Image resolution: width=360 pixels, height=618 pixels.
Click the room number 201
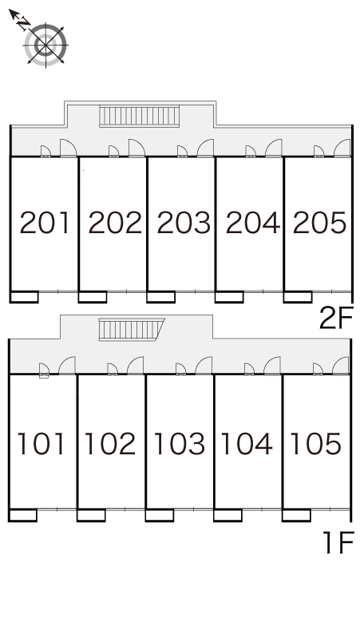[x=45, y=223]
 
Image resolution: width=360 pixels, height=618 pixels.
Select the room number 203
[x=184, y=223]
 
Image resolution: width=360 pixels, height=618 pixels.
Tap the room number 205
[x=319, y=223]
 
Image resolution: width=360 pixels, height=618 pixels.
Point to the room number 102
[x=110, y=443]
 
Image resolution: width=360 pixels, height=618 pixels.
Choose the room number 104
[x=247, y=443]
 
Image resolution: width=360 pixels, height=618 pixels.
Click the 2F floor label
[x=335, y=318]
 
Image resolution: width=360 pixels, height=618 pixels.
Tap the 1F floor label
[x=338, y=542]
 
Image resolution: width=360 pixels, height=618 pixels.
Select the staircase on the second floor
[x=140, y=116]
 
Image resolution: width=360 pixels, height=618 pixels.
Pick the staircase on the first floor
[x=131, y=330]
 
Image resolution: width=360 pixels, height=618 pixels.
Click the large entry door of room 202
[x=136, y=149]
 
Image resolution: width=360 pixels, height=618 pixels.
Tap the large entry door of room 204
[x=274, y=149]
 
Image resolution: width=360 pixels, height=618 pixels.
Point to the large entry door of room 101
[x=67, y=366]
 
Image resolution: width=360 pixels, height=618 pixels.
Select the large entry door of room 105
[x=341, y=366]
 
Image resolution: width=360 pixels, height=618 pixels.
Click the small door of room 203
[x=182, y=152]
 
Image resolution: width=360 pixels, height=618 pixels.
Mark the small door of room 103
[x=180, y=369]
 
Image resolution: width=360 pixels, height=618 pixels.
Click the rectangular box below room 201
[x=24, y=297]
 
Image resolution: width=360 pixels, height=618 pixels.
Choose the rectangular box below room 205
[x=298, y=297]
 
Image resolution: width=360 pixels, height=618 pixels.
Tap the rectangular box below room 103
[x=160, y=516]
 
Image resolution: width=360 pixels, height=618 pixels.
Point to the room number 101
[x=41, y=443]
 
